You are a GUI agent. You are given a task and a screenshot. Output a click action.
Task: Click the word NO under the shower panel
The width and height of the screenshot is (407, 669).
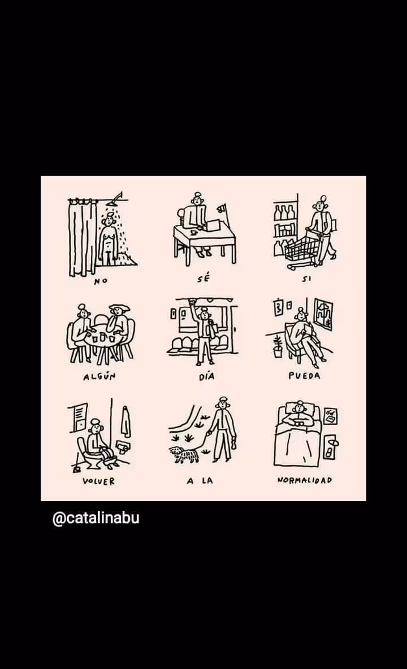pyautogui.click(x=101, y=281)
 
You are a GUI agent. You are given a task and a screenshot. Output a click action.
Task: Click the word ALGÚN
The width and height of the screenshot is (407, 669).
pyautogui.click(x=99, y=376)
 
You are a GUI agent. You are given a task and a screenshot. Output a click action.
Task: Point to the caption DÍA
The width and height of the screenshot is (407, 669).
pyautogui.click(x=206, y=376)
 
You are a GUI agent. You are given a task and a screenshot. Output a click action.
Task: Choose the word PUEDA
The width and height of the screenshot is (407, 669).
pyautogui.click(x=304, y=376)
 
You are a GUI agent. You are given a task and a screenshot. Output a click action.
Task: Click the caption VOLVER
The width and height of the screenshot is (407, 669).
pyautogui.click(x=98, y=481)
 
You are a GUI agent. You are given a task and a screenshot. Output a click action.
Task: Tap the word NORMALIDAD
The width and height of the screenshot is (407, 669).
pyautogui.click(x=305, y=480)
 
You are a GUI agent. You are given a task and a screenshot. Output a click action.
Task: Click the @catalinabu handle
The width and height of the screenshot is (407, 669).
pyautogui.click(x=96, y=518)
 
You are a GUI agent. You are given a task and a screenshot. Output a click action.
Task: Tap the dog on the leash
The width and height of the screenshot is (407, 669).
pyautogui.click(x=184, y=454)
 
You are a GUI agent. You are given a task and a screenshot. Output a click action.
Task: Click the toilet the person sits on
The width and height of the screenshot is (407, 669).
pyautogui.click(x=92, y=454)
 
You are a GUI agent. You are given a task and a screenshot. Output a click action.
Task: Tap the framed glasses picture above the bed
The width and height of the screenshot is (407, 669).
pyautogui.click(x=330, y=416)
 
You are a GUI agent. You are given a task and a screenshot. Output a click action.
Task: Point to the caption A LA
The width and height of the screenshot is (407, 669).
pyautogui.click(x=200, y=481)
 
